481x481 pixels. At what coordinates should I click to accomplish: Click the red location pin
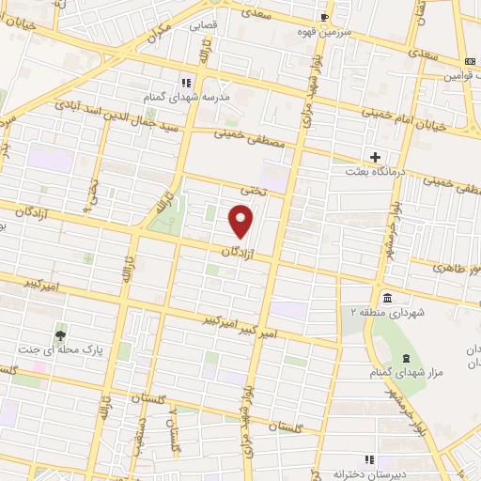pyautogui.click(x=241, y=222)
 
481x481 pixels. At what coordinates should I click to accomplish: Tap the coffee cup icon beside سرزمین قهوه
pyautogui.click(x=324, y=17)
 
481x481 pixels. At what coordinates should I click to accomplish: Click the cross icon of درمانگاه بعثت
pyautogui.click(x=376, y=157)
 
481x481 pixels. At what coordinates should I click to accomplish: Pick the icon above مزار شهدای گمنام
pyautogui.click(x=405, y=359)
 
